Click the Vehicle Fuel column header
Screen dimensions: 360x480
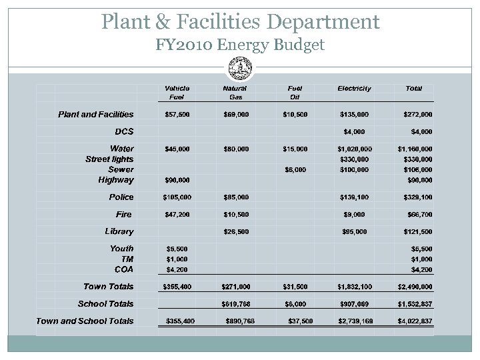coord(177,93)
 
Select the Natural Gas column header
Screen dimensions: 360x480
coord(235,93)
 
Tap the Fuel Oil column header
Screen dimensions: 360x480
coord(295,93)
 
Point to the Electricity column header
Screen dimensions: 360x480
coord(354,88)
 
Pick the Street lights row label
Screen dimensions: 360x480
coord(109,159)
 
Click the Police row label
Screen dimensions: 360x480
coord(121,197)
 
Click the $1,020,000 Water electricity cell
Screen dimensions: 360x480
coord(355,149)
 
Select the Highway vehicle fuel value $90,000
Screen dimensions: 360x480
coord(177,180)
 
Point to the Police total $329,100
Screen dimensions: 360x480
coord(418,197)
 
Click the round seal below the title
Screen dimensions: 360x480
coord(240,67)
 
